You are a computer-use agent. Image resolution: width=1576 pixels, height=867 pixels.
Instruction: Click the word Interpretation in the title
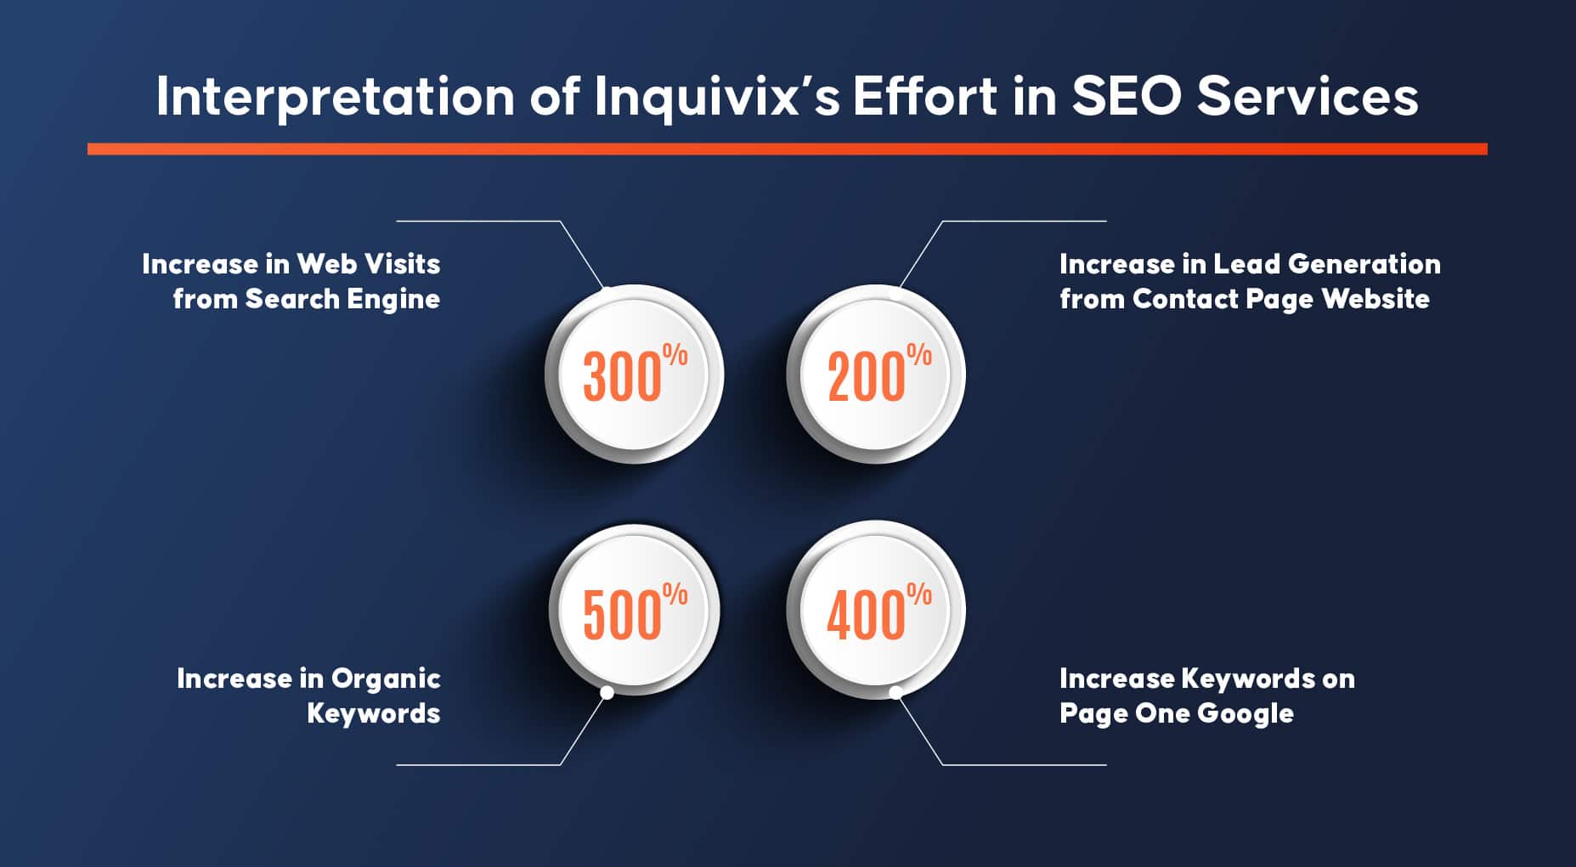pos(336,96)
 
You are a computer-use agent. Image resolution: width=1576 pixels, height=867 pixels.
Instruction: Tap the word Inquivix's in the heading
pos(717,96)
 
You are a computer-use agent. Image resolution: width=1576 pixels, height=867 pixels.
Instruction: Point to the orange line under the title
pos(787,149)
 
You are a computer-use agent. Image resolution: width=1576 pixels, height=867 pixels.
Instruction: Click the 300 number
pos(622,377)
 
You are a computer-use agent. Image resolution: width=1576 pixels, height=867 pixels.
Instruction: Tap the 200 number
pos(867,377)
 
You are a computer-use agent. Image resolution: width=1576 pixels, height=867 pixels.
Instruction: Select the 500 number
pos(622,615)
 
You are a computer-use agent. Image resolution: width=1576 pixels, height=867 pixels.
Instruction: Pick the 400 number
pos(867,615)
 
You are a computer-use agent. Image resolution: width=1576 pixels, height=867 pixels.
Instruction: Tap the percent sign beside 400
pos(919,594)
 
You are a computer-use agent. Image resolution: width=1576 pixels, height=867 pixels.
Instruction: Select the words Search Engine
pos(342,300)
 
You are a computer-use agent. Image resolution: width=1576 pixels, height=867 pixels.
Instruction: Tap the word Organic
pos(386,679)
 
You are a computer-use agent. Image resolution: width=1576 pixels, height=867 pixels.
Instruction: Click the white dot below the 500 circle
pos(607,693)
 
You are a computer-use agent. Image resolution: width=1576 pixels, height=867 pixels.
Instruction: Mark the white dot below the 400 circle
pos(895,693)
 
